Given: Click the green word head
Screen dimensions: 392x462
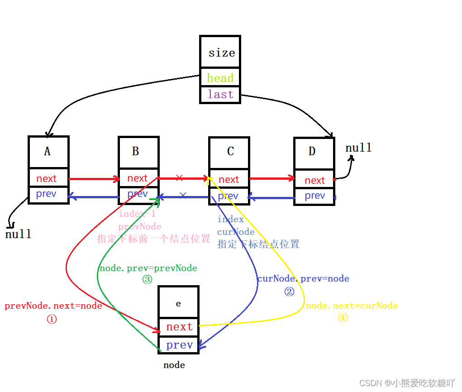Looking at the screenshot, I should tap(220, 78).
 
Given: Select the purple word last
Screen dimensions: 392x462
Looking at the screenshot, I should tap(220, 94).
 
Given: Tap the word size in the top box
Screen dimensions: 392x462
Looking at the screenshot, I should tap(222, 53).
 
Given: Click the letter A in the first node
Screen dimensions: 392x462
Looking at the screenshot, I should tap(48, 152).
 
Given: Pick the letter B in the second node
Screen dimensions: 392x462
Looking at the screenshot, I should tap(135, 151).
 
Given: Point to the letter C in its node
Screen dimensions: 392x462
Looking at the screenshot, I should tap(230, 151).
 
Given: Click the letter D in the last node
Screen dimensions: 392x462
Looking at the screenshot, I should tap(312, 151).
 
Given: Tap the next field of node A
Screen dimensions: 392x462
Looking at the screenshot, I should tap(47, 179).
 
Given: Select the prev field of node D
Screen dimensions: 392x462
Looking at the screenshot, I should tap(315, 196).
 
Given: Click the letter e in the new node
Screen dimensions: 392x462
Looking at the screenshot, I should tap(178, 304).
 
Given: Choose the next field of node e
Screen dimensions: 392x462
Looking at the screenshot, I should tap(179, 327).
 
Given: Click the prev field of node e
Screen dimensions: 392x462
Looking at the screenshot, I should tap(179, 345).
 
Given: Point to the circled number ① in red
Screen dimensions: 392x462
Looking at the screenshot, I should tap(52, 319).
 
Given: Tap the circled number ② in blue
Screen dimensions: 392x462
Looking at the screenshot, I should tap(289, 292).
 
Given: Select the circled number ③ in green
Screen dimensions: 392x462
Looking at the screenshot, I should tap(148, 280).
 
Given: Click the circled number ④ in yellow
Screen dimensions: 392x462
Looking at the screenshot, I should tap(343, 318).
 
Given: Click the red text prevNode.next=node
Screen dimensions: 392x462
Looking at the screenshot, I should tap(53, 306).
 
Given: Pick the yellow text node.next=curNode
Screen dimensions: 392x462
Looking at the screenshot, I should tap(352, 306).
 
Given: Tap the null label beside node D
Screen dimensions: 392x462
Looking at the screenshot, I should tap(358, 148).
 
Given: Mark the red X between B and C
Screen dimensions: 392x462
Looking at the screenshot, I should tap(179, 177).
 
